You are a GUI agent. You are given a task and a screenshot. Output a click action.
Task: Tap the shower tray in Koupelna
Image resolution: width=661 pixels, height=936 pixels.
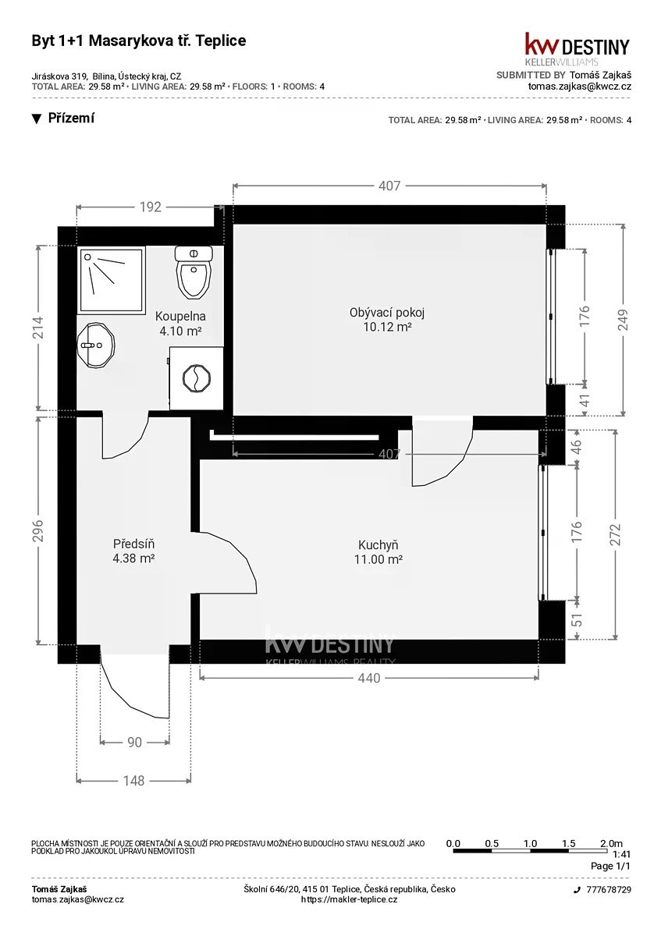click(x=112, y=279)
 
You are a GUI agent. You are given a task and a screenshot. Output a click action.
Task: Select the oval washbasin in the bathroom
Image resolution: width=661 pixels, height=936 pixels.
click(x=96, y=346)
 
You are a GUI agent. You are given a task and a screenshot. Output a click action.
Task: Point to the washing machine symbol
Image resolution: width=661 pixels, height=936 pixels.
click(x=196, y=378)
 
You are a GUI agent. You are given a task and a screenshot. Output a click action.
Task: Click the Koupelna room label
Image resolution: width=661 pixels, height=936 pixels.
click(x=180, y=323)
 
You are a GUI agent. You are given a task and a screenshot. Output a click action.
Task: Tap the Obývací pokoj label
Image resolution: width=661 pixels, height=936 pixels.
click(x=387, y=319)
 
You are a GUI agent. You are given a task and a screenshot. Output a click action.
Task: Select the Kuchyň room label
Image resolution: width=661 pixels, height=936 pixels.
click(x=378, y=551)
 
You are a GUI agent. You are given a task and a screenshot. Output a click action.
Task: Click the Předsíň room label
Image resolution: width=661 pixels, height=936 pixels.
click(x=133, y=551)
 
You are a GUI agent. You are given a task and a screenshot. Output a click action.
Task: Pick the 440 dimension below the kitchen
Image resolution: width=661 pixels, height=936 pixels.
click(x=369, y=677)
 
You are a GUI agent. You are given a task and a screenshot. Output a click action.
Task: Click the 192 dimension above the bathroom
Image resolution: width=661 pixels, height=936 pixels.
click(x=150, y=207)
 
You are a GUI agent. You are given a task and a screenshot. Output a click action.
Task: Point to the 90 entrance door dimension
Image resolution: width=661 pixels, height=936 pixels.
click(x=135, y=742)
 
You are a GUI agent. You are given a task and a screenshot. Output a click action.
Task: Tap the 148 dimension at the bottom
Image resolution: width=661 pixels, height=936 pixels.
click(x=133, y=781)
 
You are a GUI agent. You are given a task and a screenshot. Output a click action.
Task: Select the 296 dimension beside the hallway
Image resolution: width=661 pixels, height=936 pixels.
click(x=38, y=530)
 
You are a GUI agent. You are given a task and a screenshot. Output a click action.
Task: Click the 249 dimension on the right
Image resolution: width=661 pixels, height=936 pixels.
click(x=623, y=320)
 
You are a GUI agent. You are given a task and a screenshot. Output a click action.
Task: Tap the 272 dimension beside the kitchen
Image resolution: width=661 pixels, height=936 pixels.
click(x=616, y=534)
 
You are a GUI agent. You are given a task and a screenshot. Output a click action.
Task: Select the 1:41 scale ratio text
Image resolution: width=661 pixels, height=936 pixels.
click(x=621, y=855)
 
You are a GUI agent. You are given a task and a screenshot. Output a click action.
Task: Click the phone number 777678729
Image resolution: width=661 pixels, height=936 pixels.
click(x=609, y=890)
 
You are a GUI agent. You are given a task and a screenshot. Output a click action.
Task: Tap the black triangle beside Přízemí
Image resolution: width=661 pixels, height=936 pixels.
click(x=37, y=119)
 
